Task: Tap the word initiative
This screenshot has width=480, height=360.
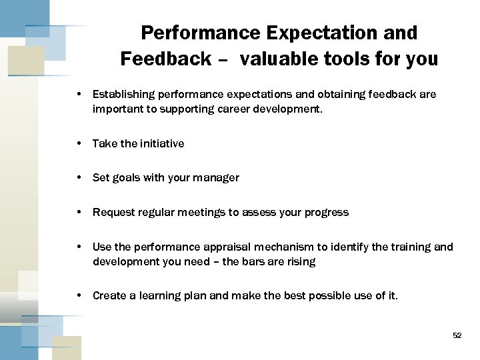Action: tap(159, 143)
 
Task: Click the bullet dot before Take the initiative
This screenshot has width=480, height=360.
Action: tap(79, 143)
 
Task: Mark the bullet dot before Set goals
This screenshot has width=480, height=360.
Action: tap(79, 178)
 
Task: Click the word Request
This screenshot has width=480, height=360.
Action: tap(113, 212)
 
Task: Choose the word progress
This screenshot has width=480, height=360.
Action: tap(325, 212)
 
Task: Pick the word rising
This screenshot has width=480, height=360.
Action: tap(301, 261)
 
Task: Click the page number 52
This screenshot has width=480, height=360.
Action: tap(457, 335)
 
